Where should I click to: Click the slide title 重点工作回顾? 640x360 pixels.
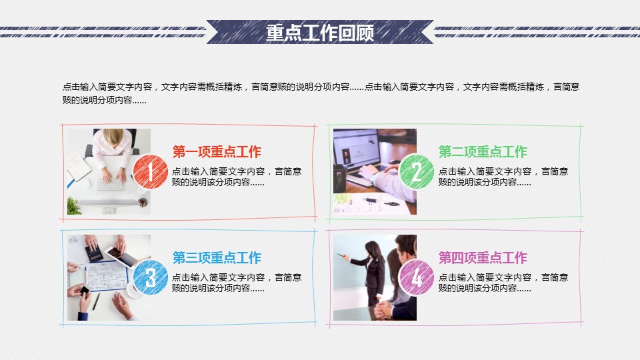pyautogui.click(x=320, y=33)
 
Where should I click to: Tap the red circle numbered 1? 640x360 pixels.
pyautogui.click(x=150, y=172)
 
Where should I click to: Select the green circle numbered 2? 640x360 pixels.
pyautogui.click(x=416, y=172)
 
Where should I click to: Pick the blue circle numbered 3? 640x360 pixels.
pyautogui.click(x=150, y=277)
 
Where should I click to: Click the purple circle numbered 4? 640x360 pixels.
pyautogui.click(x=416, y=277)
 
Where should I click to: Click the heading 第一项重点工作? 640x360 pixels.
pyautogui.click(x=217, y=152)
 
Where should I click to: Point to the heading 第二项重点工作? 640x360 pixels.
pyautogui.click(x=483, y=152)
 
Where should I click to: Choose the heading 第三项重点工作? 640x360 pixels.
pyautogui.click(x=217, y=257)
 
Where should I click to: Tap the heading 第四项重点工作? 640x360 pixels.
pyautogui.click(x=483, y=257)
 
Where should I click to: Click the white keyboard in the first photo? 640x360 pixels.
pyautogui.click(x=110, y=185)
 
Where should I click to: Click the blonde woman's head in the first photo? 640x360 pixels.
pyautogui.click(x=113, y=136)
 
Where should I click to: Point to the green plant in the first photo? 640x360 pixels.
pyautogui.click(x=74, y=206)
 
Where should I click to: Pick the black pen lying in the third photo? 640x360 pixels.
pyautogui.click(x=96, y=301)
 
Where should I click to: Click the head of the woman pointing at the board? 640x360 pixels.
pyautogui.click(x=373, y=249)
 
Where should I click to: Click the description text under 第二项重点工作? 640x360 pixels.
pyautogui.click(x=503, y=177)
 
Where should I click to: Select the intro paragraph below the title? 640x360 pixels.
pyautogui.click(x=321, y=93)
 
